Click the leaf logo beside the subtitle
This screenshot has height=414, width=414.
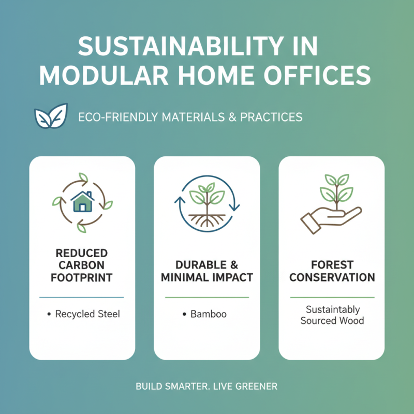click(50, 116)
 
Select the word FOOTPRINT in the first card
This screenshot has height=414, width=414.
click(82, 278)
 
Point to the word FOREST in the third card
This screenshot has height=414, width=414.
click(332, 265)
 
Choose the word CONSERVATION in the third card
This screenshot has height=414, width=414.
click(332, 278)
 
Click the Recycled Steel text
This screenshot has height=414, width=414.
click(87, 314)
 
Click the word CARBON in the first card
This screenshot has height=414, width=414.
click(82, 265)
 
